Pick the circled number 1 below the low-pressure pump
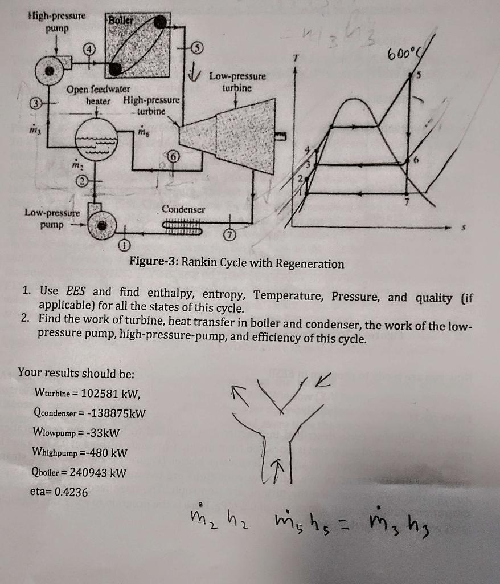click(123, 246)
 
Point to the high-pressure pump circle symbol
click(52, 71)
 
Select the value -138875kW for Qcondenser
click(113, 413)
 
